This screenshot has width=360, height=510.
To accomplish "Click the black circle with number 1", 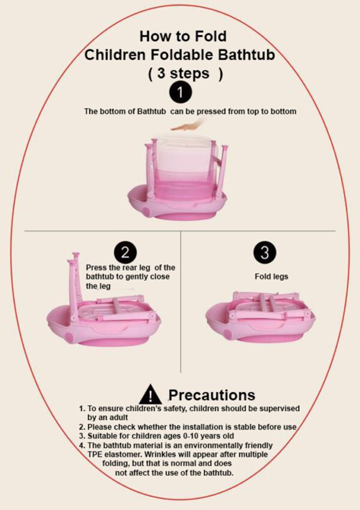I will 181,93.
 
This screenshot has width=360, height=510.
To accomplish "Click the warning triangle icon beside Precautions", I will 150,395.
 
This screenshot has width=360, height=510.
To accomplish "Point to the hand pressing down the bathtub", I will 188,125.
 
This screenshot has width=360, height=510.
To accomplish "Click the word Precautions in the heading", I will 211,395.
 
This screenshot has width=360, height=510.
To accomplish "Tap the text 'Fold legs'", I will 264,277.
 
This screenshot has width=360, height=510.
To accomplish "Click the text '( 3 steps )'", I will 185,74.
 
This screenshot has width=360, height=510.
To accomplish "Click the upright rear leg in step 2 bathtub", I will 74,277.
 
